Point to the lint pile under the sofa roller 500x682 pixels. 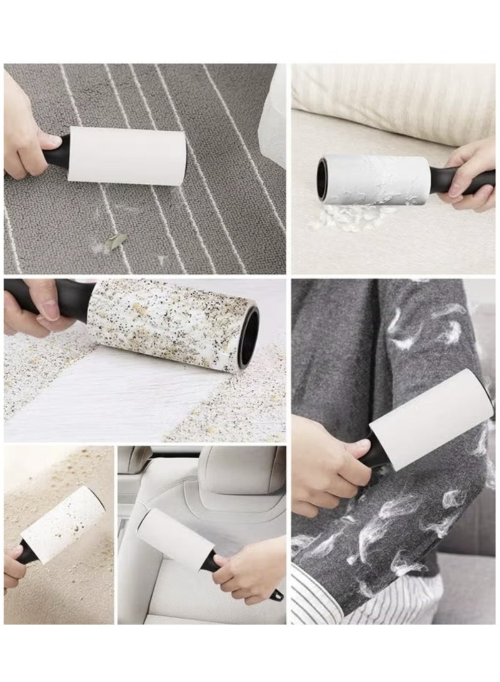(350, 216)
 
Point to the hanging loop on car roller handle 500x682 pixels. (275, 594)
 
